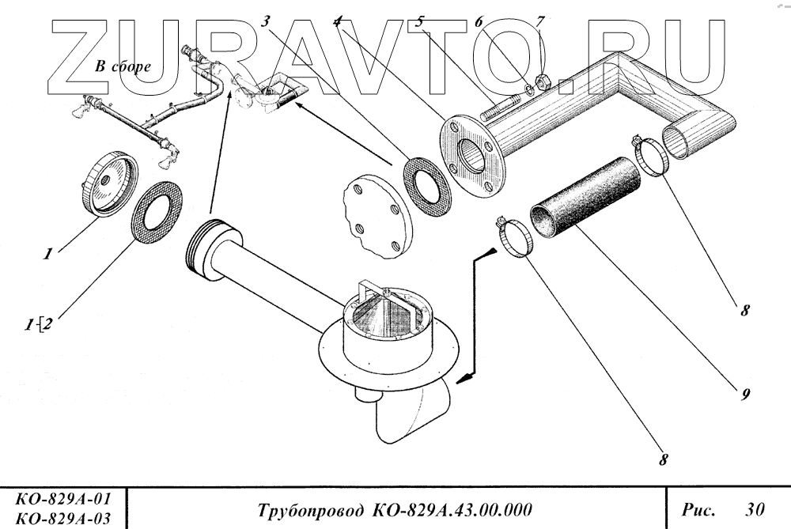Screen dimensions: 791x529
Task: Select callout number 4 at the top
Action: (x=338, y=21)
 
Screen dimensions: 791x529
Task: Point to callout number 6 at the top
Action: (x=479, y=22)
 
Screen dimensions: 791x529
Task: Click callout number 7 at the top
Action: (x=540, y=21)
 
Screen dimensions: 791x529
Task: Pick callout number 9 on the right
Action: (x=745, y=392)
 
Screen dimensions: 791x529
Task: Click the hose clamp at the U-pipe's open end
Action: (x=650, y=157)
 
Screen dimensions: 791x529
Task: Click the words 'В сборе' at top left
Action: (x=123, y=66)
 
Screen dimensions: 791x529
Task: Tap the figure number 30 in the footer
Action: (x=756, y=506)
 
